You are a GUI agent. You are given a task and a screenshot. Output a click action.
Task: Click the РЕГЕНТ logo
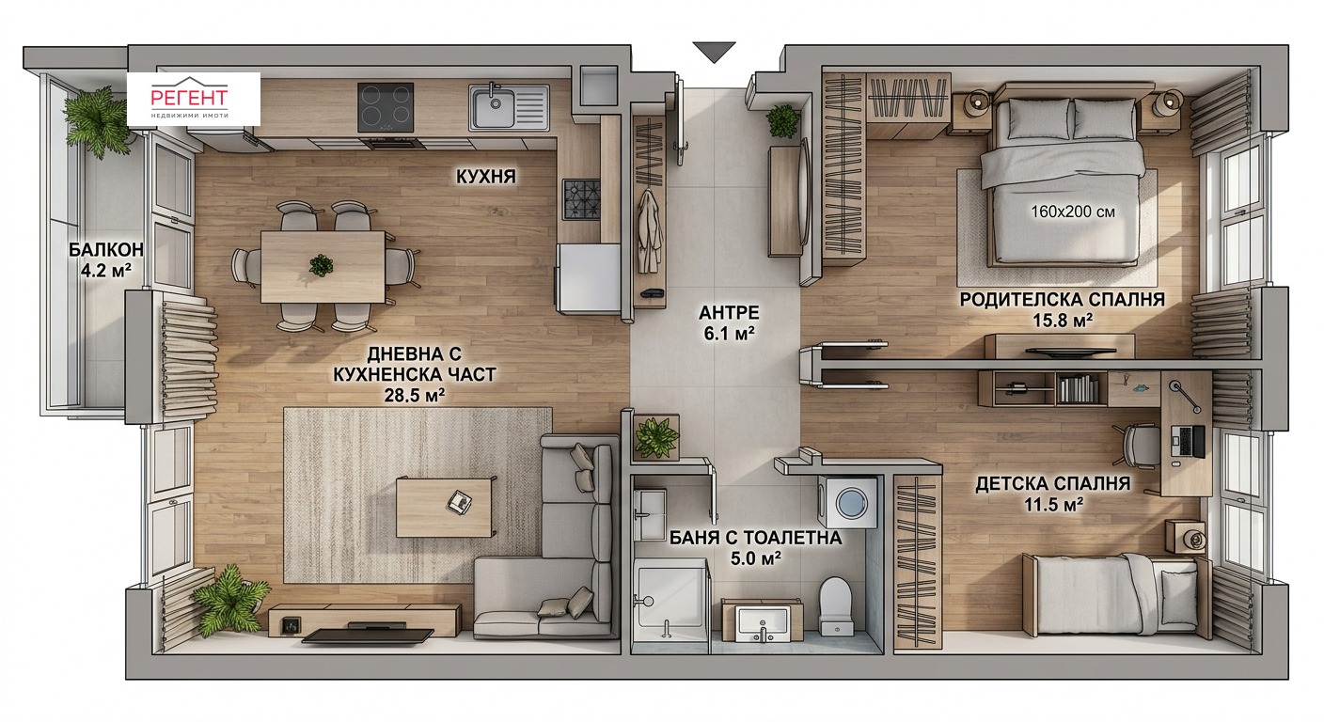194,100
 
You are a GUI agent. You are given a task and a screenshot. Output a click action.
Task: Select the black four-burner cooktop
386,107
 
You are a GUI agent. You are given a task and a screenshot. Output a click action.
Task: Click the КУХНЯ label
486,177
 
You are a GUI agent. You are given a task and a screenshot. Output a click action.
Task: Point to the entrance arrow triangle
715,52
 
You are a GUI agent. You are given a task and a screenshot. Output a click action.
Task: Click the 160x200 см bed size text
1073,212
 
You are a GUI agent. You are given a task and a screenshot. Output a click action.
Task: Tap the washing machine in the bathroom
847,502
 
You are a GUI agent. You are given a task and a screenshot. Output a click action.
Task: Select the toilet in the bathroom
835,605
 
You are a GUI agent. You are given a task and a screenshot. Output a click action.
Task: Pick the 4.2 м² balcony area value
106,271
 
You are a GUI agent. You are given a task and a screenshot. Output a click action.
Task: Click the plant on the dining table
321,265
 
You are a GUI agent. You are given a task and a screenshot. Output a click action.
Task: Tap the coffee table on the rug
444,508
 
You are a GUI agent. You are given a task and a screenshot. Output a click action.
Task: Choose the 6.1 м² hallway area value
729,334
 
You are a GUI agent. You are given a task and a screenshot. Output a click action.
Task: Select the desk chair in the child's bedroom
1138,446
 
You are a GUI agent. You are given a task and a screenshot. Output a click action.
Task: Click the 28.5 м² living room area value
415,395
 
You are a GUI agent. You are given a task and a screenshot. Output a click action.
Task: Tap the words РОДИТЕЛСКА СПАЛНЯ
1063,300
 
